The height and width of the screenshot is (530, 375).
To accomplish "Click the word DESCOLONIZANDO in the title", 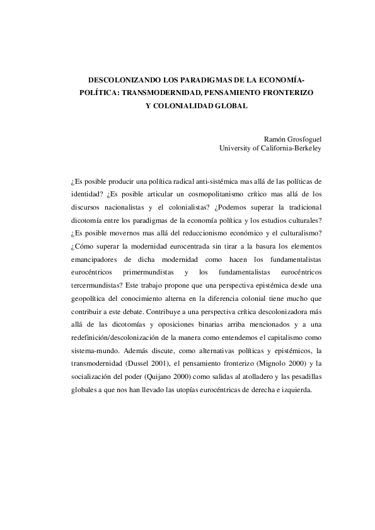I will click(124, 81).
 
